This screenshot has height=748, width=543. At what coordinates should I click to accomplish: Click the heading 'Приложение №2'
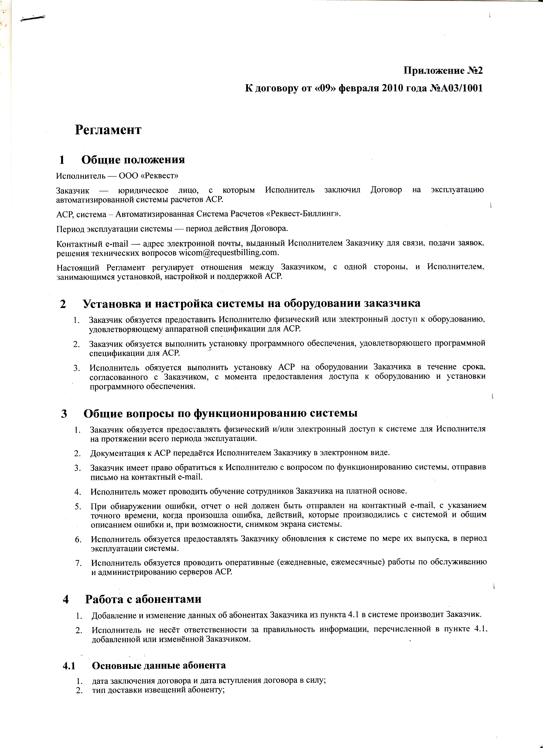pyautogui.click(x=443, y=71)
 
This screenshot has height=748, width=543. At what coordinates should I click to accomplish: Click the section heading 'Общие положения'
pyautogui.click(x=133, y=160)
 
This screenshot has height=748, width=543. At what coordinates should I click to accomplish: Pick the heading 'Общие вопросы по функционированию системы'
pyautogui.click(x=220, y=413)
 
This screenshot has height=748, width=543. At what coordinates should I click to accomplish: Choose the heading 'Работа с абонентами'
pyautogui.click(x=143, y=599)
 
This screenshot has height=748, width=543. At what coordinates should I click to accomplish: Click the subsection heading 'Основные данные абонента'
pyautogui.click(x=159, y=665)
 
